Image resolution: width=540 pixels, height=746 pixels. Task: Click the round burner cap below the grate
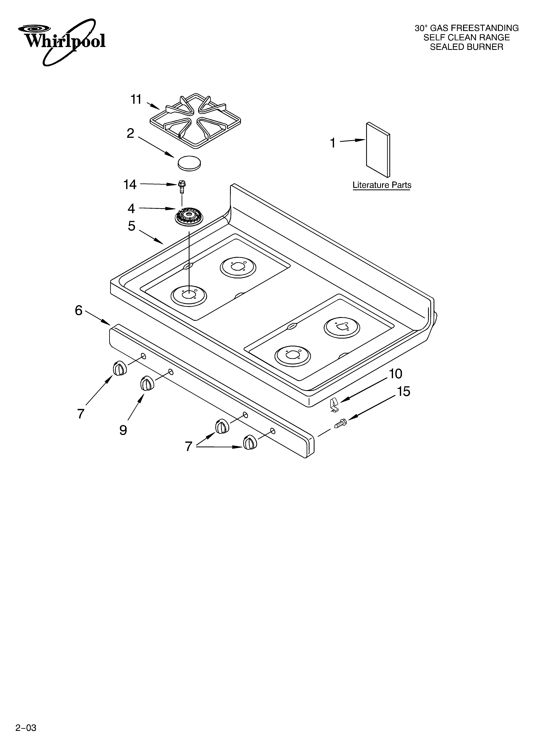(x=189, y=162)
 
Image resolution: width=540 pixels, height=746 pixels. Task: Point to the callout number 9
(x=123, y=430)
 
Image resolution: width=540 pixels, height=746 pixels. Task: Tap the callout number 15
(x=404, y=391)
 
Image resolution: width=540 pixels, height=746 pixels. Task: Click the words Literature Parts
(x=382, y=185)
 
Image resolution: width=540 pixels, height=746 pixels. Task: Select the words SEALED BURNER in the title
(x=466, y=47)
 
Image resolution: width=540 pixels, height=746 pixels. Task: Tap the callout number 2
(x=130, y=133)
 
